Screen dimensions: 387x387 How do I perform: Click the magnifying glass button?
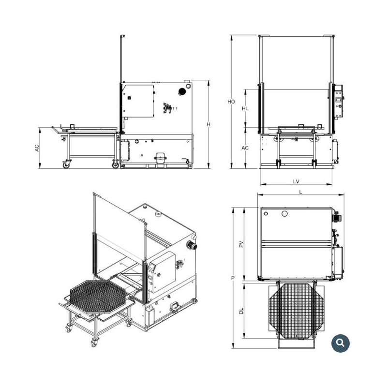(x=341, y=343)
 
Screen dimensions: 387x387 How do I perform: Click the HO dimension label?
(x=231, y=102)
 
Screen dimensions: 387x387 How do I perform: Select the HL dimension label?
(x=245, y=108)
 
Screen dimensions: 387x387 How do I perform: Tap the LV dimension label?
(x=296, y=181)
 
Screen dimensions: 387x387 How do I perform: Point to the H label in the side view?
(x=208, y=124)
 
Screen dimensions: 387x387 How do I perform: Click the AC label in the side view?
(x=37, y=148)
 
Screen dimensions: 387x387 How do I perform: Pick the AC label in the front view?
(x=245, y=148)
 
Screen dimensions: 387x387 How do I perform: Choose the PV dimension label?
(x=241, y=244)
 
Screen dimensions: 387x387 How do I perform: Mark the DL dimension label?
(x=241, y=311)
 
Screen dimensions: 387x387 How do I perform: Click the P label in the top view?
(x=233, y=278)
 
